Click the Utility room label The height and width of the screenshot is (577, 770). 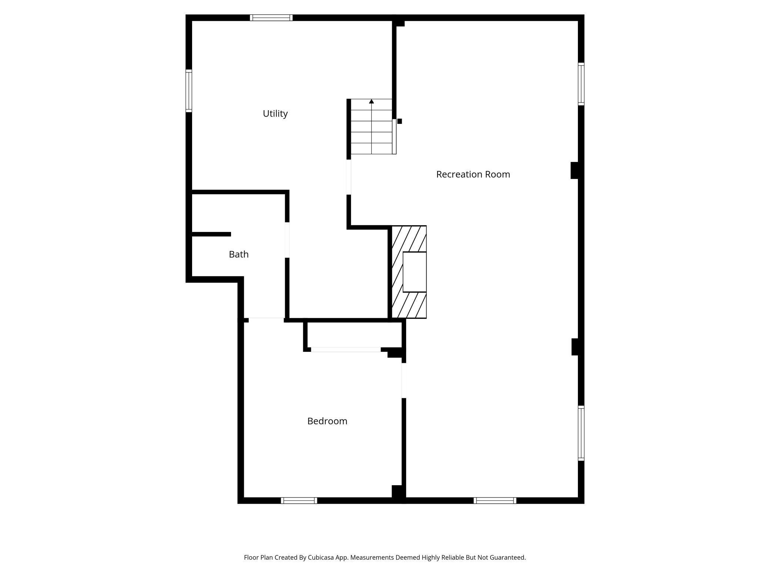pyautogui.click(x=275, y=114)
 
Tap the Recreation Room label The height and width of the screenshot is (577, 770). pyautogui.click(x=473, y=174)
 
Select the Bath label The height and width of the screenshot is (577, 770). pyautogui.click(x=238, y=254)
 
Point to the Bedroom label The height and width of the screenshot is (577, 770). pyautogui.click(x=327, y=421)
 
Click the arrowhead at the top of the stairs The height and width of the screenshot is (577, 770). pyautogui.click(x=371, y=101)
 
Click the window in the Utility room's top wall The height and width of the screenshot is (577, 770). pyautogui.click(x=271, y=18)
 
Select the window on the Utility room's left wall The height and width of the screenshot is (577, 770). pyautogui.click(x=189, y=91)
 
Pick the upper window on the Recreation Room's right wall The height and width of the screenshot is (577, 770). pyautogui.click(x=581, y=84)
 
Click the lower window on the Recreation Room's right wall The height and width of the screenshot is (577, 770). pyautogui.click(x=581, y=433)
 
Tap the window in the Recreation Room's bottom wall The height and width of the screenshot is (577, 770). pyautogui.click(x=495, y=500)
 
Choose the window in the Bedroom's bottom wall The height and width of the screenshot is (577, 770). pyautogui.click(x=299, y=500)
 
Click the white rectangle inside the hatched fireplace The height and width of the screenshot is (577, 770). pyautogui.click(x=414, y=272)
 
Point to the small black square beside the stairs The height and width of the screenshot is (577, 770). pyautogui.click(x=399, y=121)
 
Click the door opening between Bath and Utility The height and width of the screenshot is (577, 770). pyautogui.click(x=287, y=240)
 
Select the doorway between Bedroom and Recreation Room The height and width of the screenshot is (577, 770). pyautogui.click(x=404, y=380)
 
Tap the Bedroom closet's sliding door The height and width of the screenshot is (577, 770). pyautogui.click(x=345, y=350)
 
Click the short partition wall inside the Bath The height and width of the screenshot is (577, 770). pyautogui.click(x=211, y=234)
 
